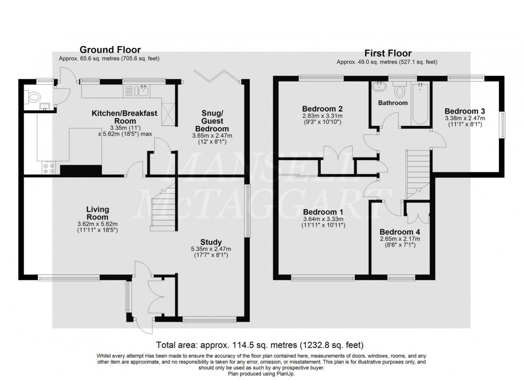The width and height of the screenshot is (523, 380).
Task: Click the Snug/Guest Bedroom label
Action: (215, 121)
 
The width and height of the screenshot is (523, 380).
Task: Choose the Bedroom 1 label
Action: (323, 211)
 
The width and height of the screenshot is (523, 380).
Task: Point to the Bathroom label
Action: (393, 102)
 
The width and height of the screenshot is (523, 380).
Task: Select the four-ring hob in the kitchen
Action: (47, 169)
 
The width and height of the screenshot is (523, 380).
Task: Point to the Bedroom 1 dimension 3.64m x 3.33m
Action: (323, 218)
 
